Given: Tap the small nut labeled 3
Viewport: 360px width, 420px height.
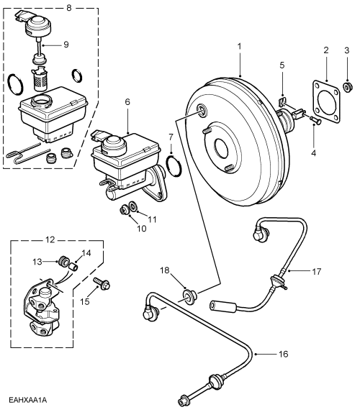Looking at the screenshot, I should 346,86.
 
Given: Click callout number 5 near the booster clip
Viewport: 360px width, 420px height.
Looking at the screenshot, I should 282,65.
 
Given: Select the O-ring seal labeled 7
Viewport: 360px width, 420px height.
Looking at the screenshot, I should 173,165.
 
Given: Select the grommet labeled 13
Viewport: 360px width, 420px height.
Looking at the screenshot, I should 61,260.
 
